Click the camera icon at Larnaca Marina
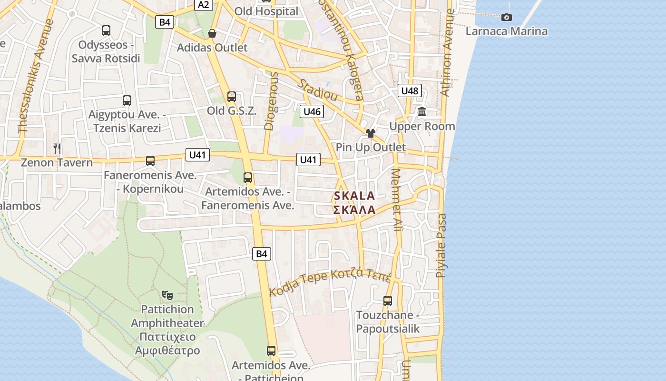pos(507,18)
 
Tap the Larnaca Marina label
pos(506,31)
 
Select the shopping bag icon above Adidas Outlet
pos(212,33)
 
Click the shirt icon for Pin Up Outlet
pos(371,133)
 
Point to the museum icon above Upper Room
pos(422,112)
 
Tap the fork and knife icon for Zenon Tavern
pos(57,148)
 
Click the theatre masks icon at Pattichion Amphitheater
pos(167,295)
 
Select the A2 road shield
pos(203,5)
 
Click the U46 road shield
pos(312,112)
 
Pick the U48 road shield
pos(410,91)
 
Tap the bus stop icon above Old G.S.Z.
pos(232,97)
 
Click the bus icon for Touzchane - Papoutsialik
pos(388,301)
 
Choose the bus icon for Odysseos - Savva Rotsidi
pos(106,30)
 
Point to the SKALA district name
pos(354,196)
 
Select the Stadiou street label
pos(318,90)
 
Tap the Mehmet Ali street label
pos(397,200)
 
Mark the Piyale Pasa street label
pos(441,245)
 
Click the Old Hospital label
pos(266,11)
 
